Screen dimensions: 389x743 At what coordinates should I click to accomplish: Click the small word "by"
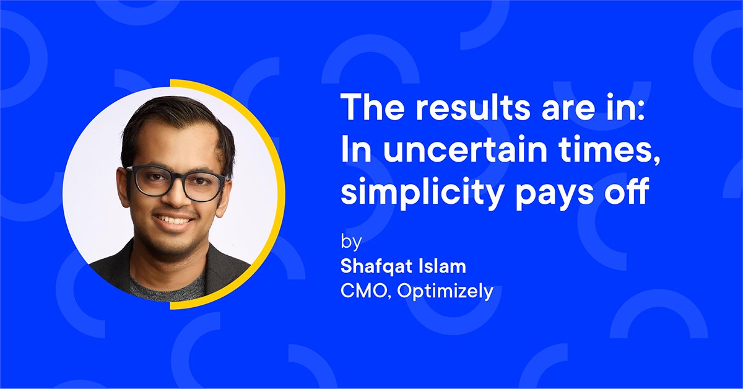(x=350, y=240)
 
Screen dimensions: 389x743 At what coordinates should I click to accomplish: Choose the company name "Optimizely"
(x=446, y=291)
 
